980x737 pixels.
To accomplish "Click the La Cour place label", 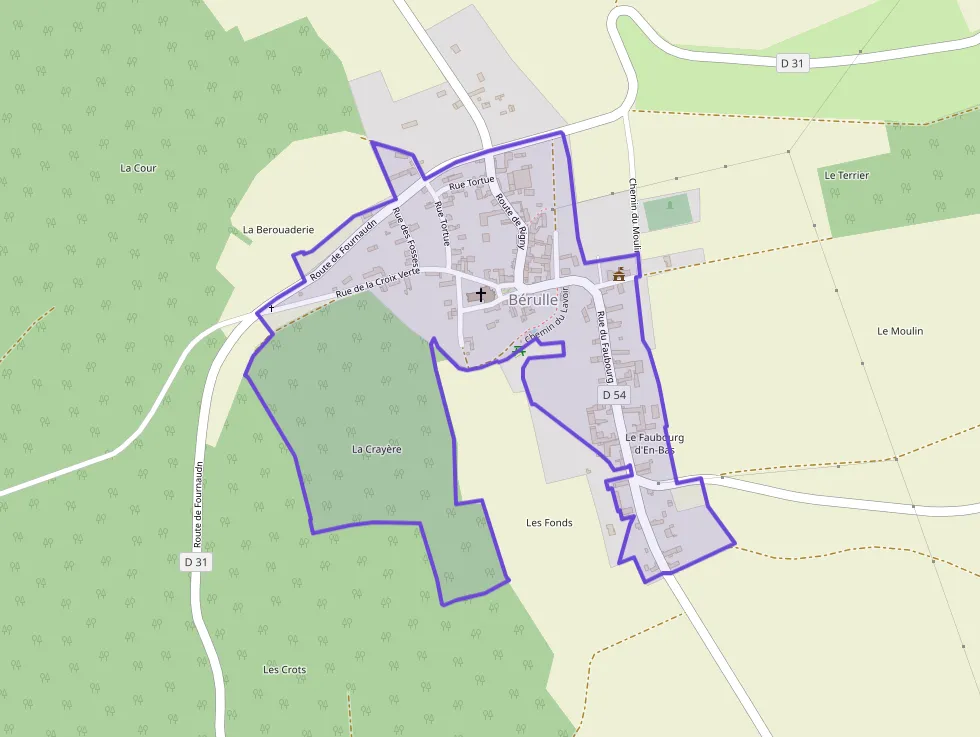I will click(x=138, y=168).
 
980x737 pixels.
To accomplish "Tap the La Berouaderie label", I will click(x=278, y=229).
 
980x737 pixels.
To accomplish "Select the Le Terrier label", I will click(x=846, y=175).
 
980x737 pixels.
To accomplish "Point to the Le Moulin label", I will click(x=900, y=331).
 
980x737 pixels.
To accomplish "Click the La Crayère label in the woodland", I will click(x=376, y=450).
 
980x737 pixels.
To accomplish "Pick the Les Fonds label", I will click(x=549, y=523).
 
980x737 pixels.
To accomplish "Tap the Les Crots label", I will click(x=284, y=669).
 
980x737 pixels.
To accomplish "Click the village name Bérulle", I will click(x=532, y=299).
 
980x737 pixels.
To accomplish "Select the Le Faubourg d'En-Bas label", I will click(x=654, y=444).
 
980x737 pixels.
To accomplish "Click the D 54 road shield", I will click(x=614, y=396).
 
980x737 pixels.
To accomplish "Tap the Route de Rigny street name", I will click(x=511, y=221).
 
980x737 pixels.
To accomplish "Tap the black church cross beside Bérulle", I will click(x=481, y=295).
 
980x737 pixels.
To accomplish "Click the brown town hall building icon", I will click(x=620, y=274).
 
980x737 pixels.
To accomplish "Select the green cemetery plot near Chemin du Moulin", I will click(x=668, y=211).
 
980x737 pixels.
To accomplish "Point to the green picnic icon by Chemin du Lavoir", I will click(x=518, y=350).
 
